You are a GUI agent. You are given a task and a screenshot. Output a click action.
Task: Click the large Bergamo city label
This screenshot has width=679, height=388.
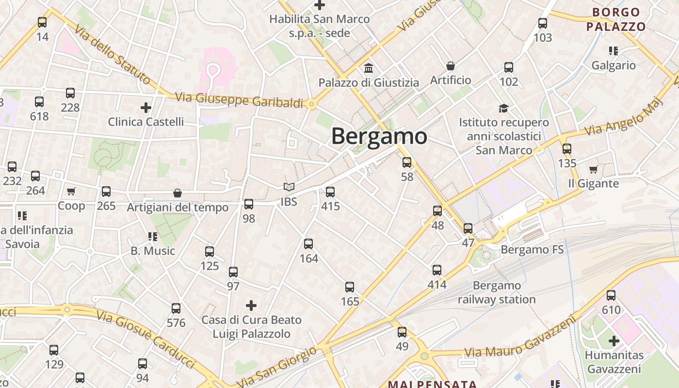click(379, 136)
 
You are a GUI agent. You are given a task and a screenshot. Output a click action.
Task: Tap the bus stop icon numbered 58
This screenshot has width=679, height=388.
click(407, 162)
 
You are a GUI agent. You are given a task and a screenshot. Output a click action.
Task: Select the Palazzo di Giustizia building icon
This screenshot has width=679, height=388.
click(368, 68)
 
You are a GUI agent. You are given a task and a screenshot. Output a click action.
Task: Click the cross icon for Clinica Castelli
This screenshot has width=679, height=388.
click(145, 107)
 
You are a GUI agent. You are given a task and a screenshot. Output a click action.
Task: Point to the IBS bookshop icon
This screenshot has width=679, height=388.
click(289, 187)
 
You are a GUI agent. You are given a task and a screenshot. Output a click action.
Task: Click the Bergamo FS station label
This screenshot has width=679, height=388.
click(532, 250)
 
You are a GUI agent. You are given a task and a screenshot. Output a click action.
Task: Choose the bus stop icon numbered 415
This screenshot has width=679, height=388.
click(330, 192)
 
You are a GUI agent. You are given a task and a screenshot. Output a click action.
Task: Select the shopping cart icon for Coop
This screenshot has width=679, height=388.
click(71, 192)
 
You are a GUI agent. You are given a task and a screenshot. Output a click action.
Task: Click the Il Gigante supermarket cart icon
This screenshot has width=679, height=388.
click(593, 169)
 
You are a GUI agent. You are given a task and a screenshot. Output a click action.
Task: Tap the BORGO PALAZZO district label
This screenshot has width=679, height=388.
click(616, 19)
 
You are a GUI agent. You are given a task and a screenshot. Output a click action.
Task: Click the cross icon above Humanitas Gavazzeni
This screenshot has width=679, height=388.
click(614, 340)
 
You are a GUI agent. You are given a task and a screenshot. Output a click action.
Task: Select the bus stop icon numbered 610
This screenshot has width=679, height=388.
click(611, 295)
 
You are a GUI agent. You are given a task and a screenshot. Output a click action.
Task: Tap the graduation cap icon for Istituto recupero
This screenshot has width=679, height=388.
click(504, 108)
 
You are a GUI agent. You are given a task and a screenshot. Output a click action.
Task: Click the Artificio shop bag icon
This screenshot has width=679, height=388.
click(451, 66)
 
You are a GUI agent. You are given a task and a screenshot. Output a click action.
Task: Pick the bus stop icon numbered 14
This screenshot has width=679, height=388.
click(42, 22)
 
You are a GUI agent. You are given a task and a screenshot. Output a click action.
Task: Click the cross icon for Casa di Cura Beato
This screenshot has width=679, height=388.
click(251, 306)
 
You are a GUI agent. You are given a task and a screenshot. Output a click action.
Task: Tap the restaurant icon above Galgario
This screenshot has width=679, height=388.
click(614, 51)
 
